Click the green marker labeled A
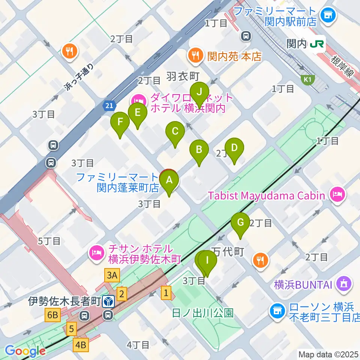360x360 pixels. pyautogui.click(x=169, y=181)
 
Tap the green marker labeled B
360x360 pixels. pyautogui.click(x=199, y=150)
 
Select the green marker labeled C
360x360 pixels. pyautogui.click(x=175, y=132)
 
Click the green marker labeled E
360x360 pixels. pyautogui.click(x=138, y=113)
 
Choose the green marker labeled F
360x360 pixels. pyautogui.click(x=120, y=122)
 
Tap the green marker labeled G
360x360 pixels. pyautogui.click(x=240, y=223)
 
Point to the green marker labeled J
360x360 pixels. pyautogui.click(x=199, y=92)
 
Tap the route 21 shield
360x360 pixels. pyautogui.click(x=108, y=106)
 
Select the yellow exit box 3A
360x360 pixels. pyautogui.click(x=112, y=276)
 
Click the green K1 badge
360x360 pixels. pyautogui.click(x=308, y=79)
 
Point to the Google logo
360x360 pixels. pyautogui.click(x=25, y=351)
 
